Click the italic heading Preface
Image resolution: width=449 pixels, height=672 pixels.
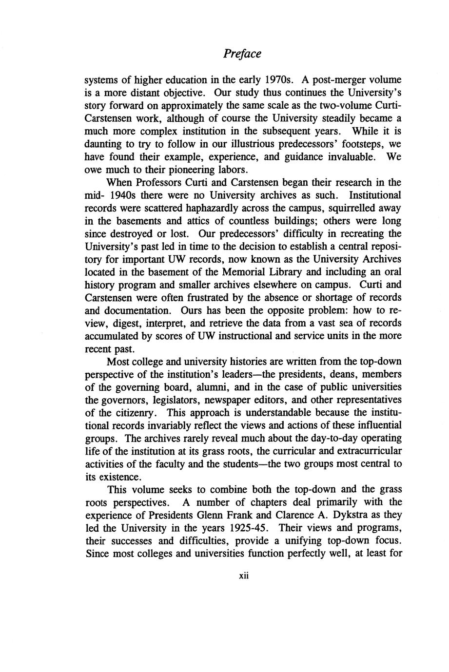click(242, 54)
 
